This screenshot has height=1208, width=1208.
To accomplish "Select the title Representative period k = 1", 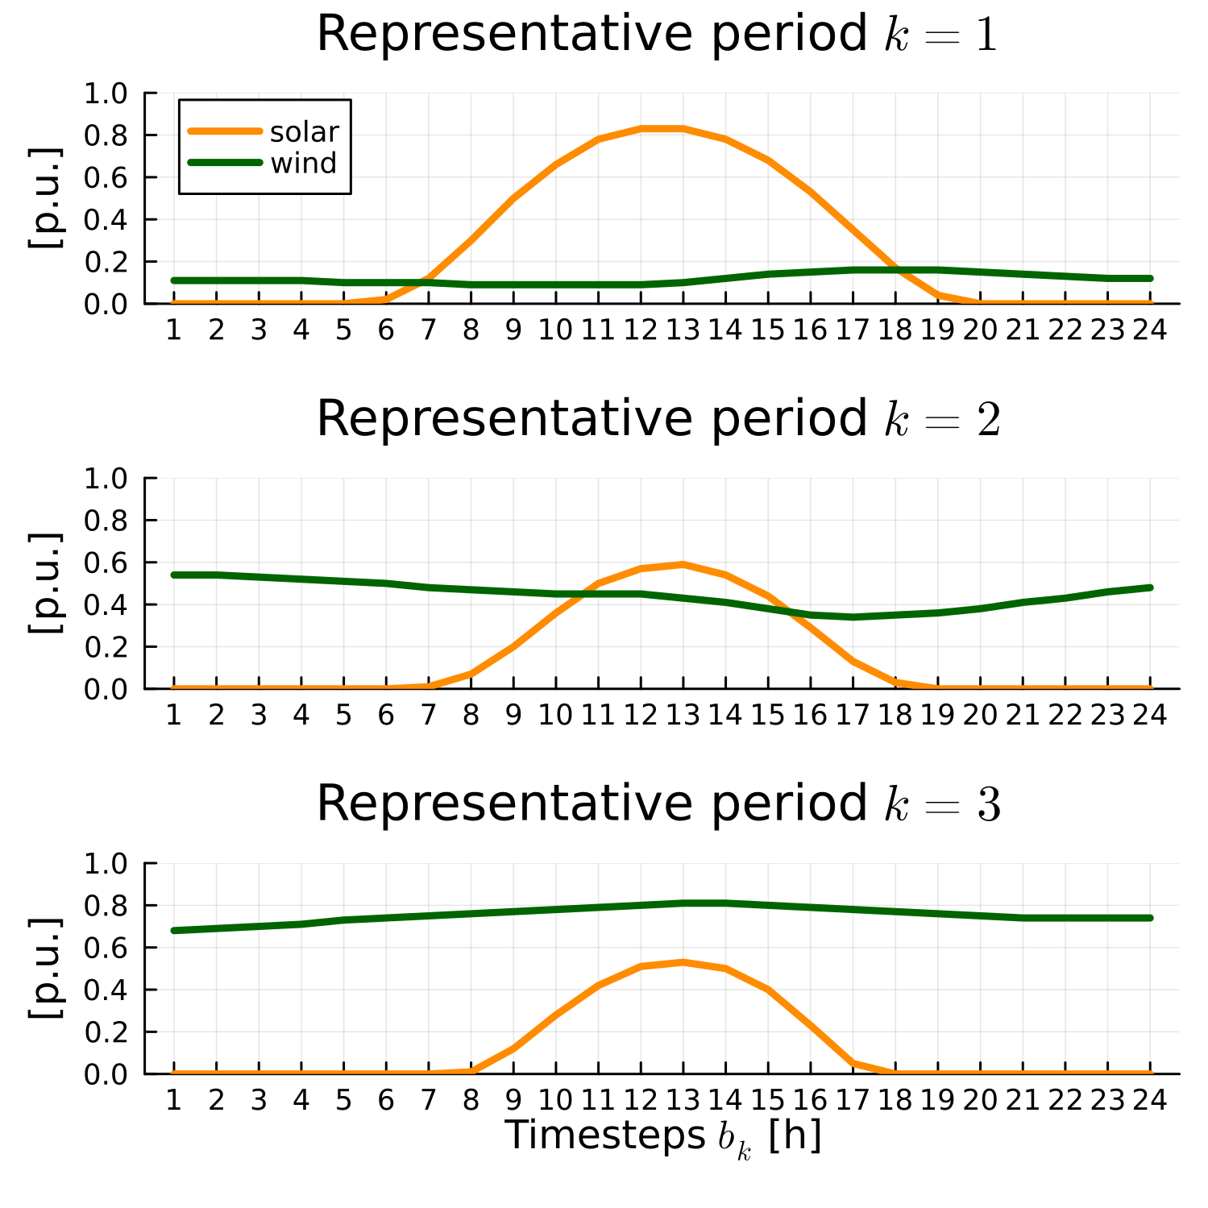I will coord(657,35).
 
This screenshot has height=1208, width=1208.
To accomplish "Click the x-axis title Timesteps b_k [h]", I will coord(662,1136).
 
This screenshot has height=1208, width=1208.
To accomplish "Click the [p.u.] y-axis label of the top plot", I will coord(46,198).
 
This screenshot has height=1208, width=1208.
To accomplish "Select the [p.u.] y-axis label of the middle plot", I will coord(46,583).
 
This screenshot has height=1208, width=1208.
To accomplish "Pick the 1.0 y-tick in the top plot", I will coord(106,93).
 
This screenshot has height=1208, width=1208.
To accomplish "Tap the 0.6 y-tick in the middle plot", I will coord(106,562).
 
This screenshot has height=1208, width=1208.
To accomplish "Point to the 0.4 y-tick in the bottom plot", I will coord(106,990).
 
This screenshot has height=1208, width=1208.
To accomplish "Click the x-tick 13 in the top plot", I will coord(683,330).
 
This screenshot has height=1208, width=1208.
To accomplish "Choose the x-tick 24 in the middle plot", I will coord(1150,715).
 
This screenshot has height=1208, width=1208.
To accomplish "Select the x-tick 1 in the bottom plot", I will coord(173,1100).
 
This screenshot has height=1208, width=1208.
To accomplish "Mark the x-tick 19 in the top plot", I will coord(937,330).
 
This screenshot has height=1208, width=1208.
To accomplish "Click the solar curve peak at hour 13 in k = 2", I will coord(683,564).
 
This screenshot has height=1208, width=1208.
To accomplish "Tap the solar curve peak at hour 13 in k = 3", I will coord(683,961).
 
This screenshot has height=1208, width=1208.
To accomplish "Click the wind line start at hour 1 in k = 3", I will coord(174,930).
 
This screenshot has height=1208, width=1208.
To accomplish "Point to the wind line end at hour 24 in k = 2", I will coord(1150,587).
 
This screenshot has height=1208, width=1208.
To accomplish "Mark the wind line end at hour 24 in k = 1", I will coord(1150,278).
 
